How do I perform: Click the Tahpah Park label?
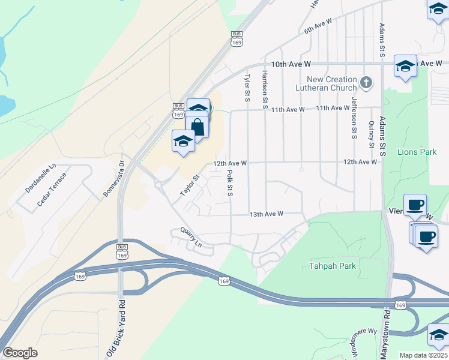tap(333, 266)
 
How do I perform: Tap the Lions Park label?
tap(417, 152)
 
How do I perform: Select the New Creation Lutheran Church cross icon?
tap(367, 80)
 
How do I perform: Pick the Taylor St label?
tap(190, 185)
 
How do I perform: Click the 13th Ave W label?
tap(266, 214)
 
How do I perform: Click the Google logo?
tap(20, 352)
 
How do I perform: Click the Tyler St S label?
tap(246, 88)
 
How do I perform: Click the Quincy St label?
tap(372, 134)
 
